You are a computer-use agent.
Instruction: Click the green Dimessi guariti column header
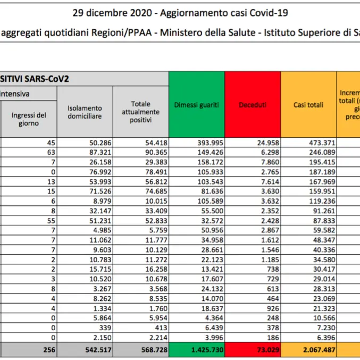(196, 105)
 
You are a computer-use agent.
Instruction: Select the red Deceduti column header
(252, 105)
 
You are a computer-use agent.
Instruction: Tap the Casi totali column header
(308, 105)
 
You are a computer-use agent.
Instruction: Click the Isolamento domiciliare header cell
(85, 112)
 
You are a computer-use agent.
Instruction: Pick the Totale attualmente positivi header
(140, 112)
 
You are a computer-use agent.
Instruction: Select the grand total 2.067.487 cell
(308, 349)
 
